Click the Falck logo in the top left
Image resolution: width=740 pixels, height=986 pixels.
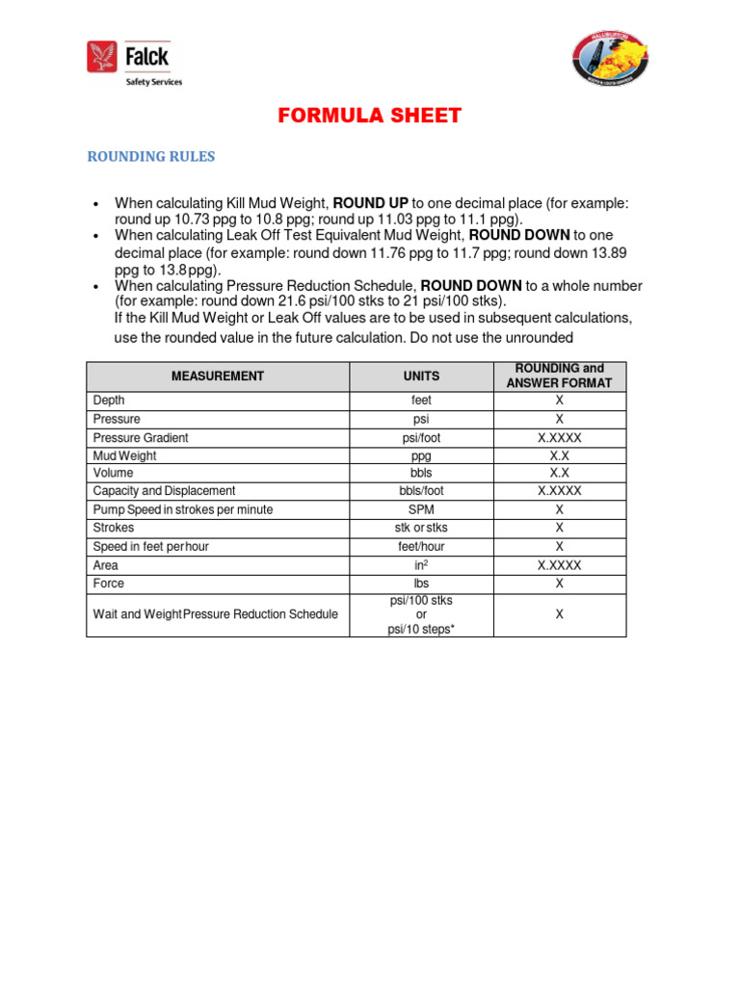pyautogui.click(x=134, y=63)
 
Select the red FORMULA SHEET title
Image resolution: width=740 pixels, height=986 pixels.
pyautogui.click(x=370, y=117)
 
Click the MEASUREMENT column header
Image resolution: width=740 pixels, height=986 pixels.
pyautogui.click(x=217, y=376)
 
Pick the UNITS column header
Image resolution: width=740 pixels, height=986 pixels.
pyautogui.click(x=421, y=376)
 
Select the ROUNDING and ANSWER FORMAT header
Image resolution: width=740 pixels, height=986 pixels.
pyautogui.click(x=559, y=376)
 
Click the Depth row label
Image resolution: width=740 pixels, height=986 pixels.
pyautogui.click(x=109, y=401)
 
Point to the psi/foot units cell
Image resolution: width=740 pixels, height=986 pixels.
pyautogui.click(x=421, y=437)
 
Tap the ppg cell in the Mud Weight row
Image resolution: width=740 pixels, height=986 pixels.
pyautogui.click(x=421, y=455)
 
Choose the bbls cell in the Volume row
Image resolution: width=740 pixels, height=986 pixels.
pyautogui.click(x=421, y=474)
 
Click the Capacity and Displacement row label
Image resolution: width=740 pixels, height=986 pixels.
pyautogui.click(x=164, y=491)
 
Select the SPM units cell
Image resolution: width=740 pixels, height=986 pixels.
pyautogui.click(x=421, y=509)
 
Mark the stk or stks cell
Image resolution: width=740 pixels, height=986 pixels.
pyautogui.click(x=421, y=528)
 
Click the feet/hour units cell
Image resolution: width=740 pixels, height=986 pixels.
pyautogui.click(x=421, y=546)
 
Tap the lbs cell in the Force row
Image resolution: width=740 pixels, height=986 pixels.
pyautogui.click(x=421, y=584)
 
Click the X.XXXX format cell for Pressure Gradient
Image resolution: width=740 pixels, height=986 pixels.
pyautogui.click(x=559, y=437)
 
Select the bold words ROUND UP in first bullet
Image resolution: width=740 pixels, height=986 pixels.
pyautogui.click(x=371, y=203)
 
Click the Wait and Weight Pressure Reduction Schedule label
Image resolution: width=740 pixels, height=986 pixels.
pyautogui.click(x=215, y=614)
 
